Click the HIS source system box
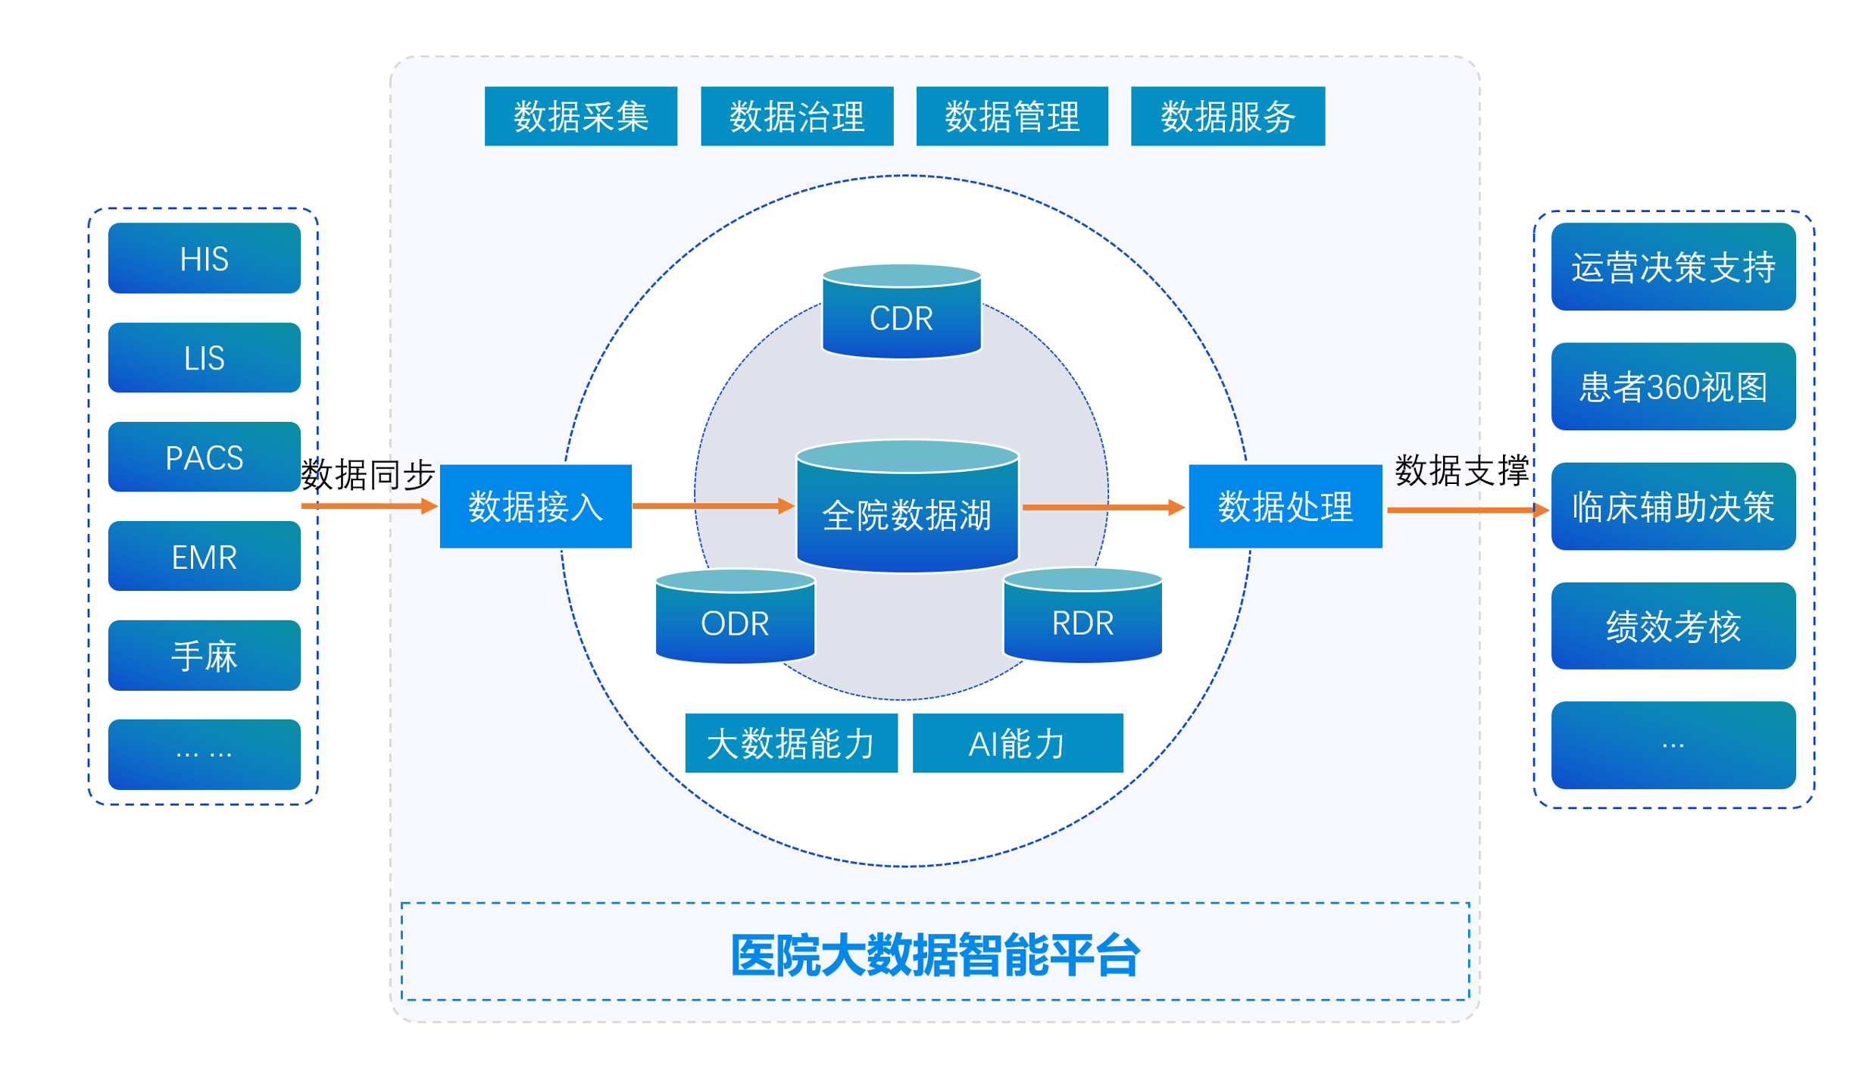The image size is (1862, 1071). (204, 258)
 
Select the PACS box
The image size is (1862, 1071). (204, 457)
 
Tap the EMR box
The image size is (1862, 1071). (204, 557)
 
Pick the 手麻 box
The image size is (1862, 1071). (204, 656)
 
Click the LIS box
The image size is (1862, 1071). (204, 358)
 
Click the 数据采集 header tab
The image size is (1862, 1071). (580, 116)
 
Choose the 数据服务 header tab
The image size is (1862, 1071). (1227, 116)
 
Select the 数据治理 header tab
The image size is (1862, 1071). (796, 116)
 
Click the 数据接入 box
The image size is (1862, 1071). (536, 506)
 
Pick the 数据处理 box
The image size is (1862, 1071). (1285, 506)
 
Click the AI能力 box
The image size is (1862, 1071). (1017, 743)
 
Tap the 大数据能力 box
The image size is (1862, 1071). (791, 743)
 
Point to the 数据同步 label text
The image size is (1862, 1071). (367, 475)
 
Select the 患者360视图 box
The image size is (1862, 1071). (1673, 386)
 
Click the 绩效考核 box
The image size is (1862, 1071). (1673, 626)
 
